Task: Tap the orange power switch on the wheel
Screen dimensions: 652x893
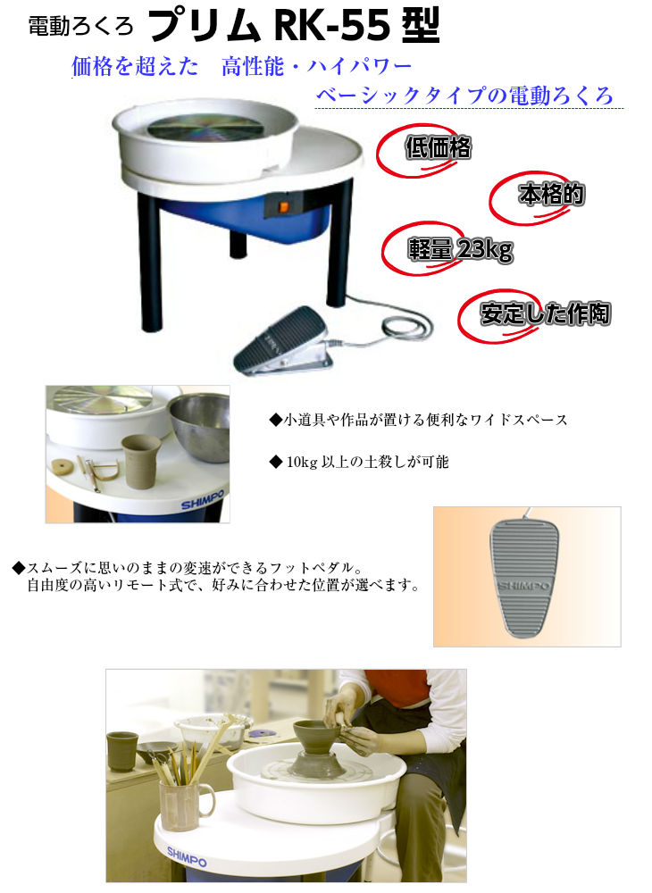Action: (283, 208)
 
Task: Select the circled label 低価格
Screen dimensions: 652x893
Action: (438, 148)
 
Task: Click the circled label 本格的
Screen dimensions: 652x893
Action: (551, 195)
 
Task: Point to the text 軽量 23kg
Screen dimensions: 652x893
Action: (460, 249)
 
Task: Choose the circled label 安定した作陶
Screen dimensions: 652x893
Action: (545, 313)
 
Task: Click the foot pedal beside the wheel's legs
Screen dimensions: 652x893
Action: (284, 341)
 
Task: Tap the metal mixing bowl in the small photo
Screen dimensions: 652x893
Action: (199, 427)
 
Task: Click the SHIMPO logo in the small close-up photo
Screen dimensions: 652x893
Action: (203, 499)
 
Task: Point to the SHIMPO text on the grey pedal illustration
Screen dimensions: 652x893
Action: (524, 586)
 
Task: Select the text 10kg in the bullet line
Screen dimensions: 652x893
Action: (301, 462)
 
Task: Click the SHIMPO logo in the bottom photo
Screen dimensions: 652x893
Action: (187, 856)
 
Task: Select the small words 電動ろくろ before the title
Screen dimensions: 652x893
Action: (80, 26)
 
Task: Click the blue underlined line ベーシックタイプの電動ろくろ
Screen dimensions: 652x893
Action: (464, 96)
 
